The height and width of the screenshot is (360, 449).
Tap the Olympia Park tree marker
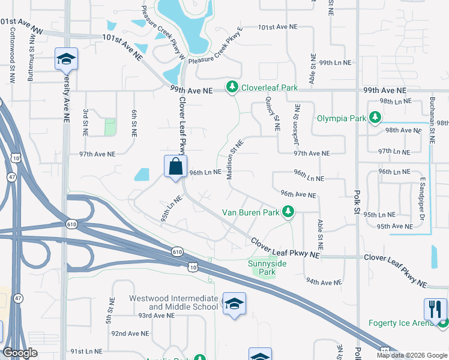(375, 118)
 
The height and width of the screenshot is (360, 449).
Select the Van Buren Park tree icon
(289, 212)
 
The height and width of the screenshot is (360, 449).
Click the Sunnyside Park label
(267, 268)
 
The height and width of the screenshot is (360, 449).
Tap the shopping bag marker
(175, 166)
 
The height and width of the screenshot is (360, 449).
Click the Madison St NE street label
(234, 159)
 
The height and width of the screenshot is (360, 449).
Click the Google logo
(20, 353)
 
